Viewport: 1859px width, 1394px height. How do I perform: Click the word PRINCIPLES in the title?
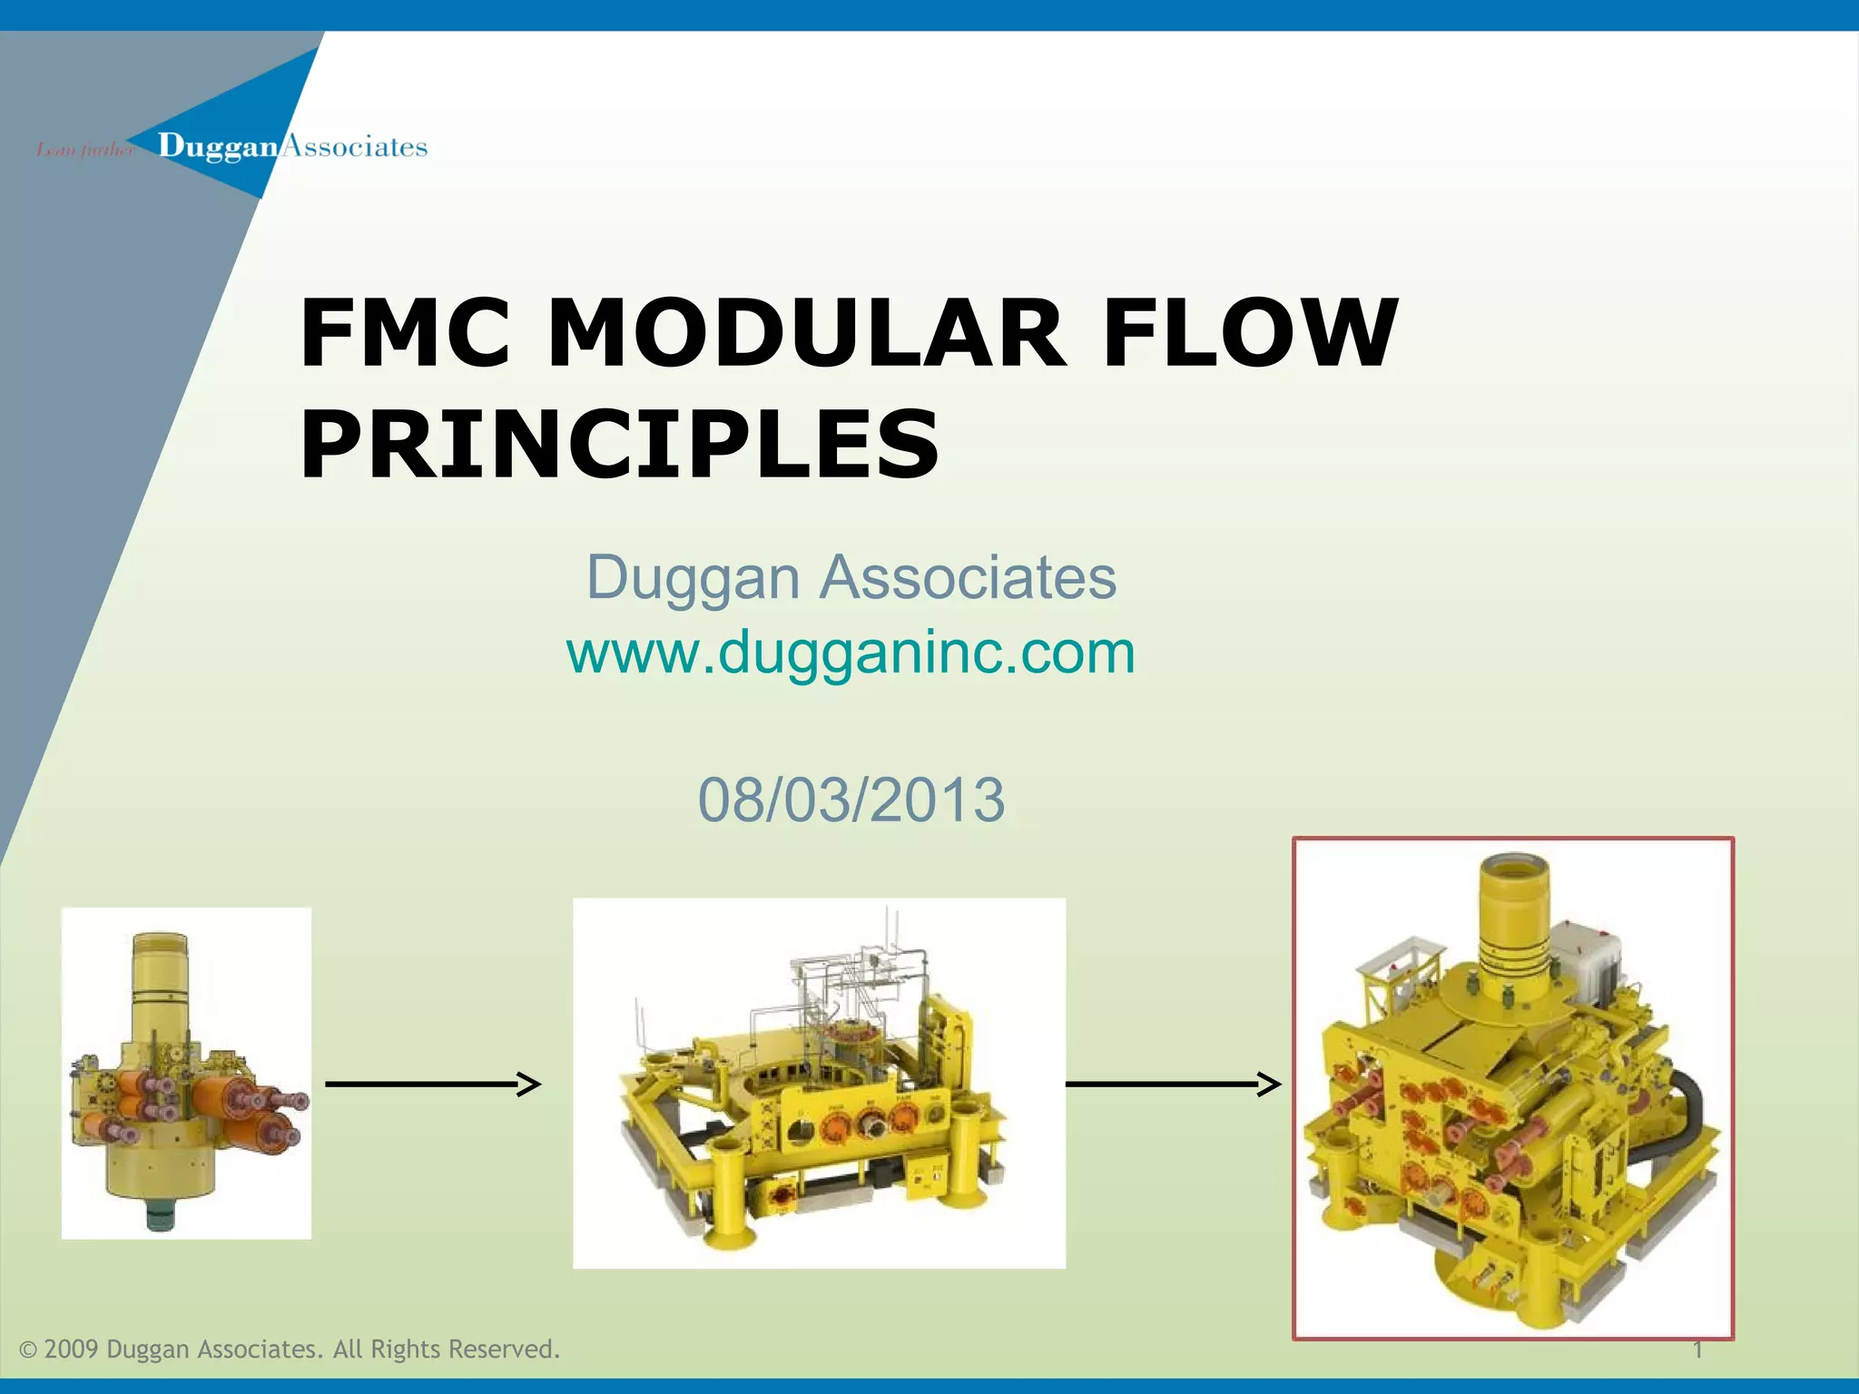pyautogui.click(x=620, y=445)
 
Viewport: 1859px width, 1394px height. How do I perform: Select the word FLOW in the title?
pyautogui.click(x=1250, y=333)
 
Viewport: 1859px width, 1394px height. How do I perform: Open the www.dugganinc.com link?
pyautogui.click(x=851, y=653)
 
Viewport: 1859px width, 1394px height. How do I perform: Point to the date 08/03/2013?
pyautogui.click(x=851, y=800)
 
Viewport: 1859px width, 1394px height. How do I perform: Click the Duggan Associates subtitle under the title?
pyautogui.click(x=851, y=577)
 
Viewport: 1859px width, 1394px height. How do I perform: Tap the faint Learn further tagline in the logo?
pyautogui.click(x=84, y=149)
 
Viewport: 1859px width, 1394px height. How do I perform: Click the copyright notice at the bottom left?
pyautogui.click(x=290, y=1349)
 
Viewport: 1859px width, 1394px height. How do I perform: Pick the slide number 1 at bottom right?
pyautogui.click(x=1697, y=1350)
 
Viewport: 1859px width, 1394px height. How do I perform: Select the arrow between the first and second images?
pyautogui.click(x=433, y=1084)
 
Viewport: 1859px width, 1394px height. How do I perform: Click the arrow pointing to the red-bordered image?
pyautogui.click(x=1173, y=1084)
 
